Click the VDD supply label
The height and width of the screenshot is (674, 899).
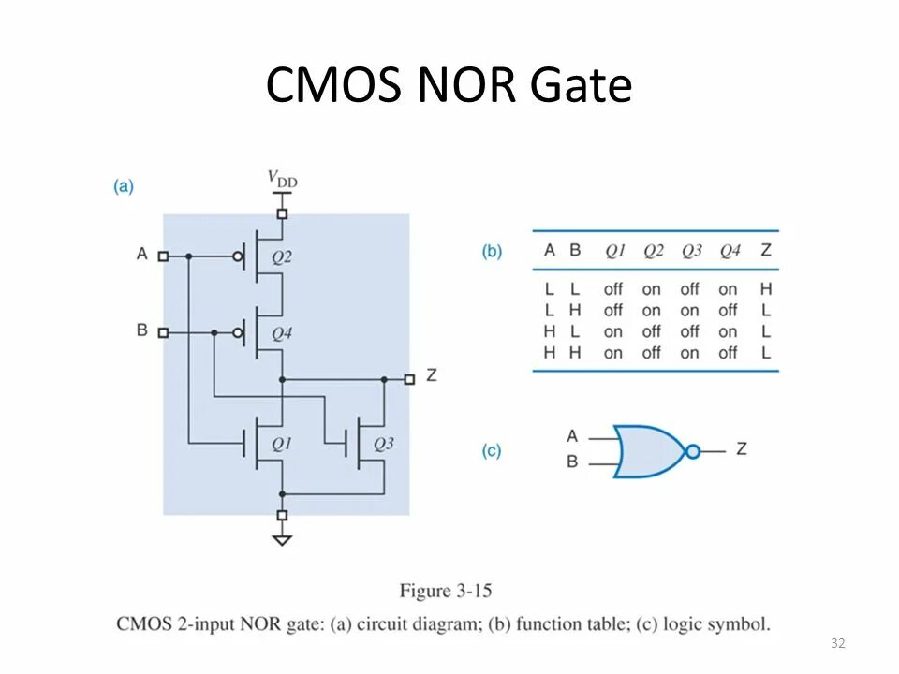(283, 178)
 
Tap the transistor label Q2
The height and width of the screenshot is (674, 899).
(281, 256)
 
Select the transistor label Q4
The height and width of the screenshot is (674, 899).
(281, 332)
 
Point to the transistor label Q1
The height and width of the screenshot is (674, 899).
(282, 444)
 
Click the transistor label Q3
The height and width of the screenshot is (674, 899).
(383, 444)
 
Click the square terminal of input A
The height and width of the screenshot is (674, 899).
(163, 256)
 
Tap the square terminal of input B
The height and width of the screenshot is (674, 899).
(163, 332)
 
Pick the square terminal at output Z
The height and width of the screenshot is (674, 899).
(409, 379)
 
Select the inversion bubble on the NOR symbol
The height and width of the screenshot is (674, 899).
(693, 451)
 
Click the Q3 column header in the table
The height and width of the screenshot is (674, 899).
(691, 251)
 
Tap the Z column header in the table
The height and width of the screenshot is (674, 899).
(767, 251)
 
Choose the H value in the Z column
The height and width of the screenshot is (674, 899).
(767, 289)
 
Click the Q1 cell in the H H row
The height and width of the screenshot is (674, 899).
(613, 353)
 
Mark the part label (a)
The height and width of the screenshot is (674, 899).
(124, 186)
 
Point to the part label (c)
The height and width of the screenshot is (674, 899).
(492, 451)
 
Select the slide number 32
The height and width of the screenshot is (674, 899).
(837, 643)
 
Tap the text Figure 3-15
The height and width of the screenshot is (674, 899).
(446, 591)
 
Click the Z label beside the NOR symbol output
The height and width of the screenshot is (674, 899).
(742, 449)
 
